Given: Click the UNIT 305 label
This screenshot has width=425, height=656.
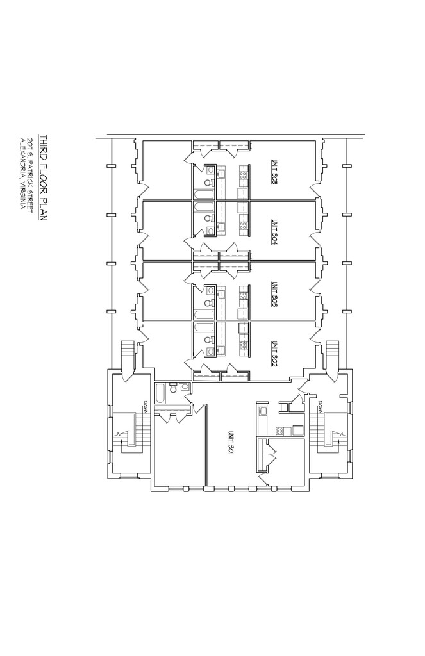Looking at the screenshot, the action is click(x=274, y=172).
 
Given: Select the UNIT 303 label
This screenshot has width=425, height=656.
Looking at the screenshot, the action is click(x=274, y=292).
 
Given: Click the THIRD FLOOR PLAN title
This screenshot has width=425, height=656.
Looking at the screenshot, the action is click(x=44, y=177).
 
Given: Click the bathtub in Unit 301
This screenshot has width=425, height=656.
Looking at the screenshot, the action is click(x=161, y=393).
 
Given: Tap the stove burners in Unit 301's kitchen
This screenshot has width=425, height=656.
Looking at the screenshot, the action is click(x=279, y=431).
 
